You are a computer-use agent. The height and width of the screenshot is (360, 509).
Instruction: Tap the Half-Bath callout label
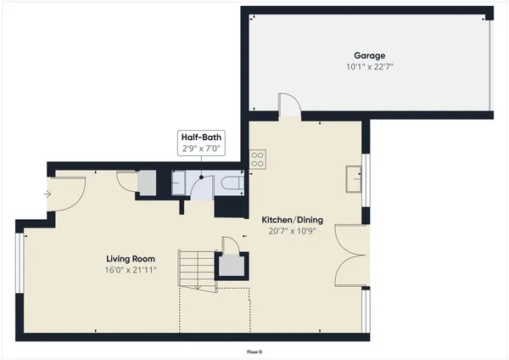point(200,136)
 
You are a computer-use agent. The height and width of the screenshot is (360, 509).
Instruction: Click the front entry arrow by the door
point(46,194)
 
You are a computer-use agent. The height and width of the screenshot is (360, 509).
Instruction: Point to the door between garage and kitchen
point(289,106)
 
